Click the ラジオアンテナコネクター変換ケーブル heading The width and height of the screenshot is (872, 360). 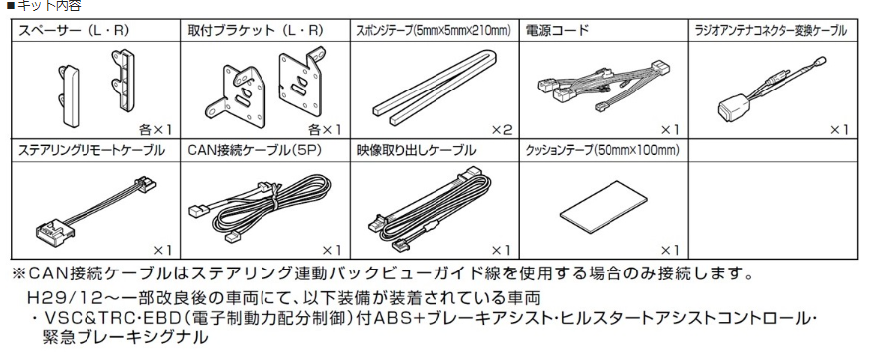(x=771, y=31)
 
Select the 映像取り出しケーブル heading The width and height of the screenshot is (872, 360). (x=416, y=151)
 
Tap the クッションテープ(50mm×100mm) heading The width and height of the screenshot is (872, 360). (x=602, y=151)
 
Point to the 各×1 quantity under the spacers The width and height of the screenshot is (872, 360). (x=156, y=129)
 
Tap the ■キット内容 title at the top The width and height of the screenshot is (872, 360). (x=35, y=7)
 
